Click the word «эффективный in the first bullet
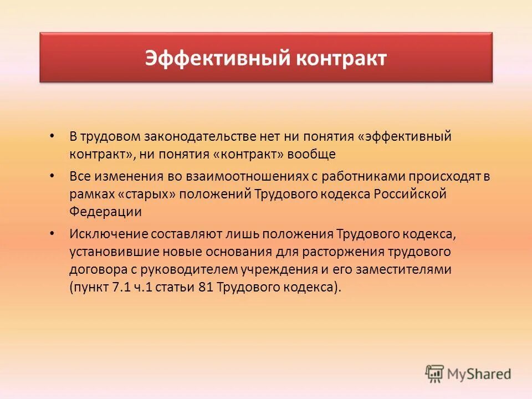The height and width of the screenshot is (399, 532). (x=404, y=136)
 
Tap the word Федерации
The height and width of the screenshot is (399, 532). (x=105, y=211)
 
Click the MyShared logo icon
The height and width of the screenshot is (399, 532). (x=435, y=374)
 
